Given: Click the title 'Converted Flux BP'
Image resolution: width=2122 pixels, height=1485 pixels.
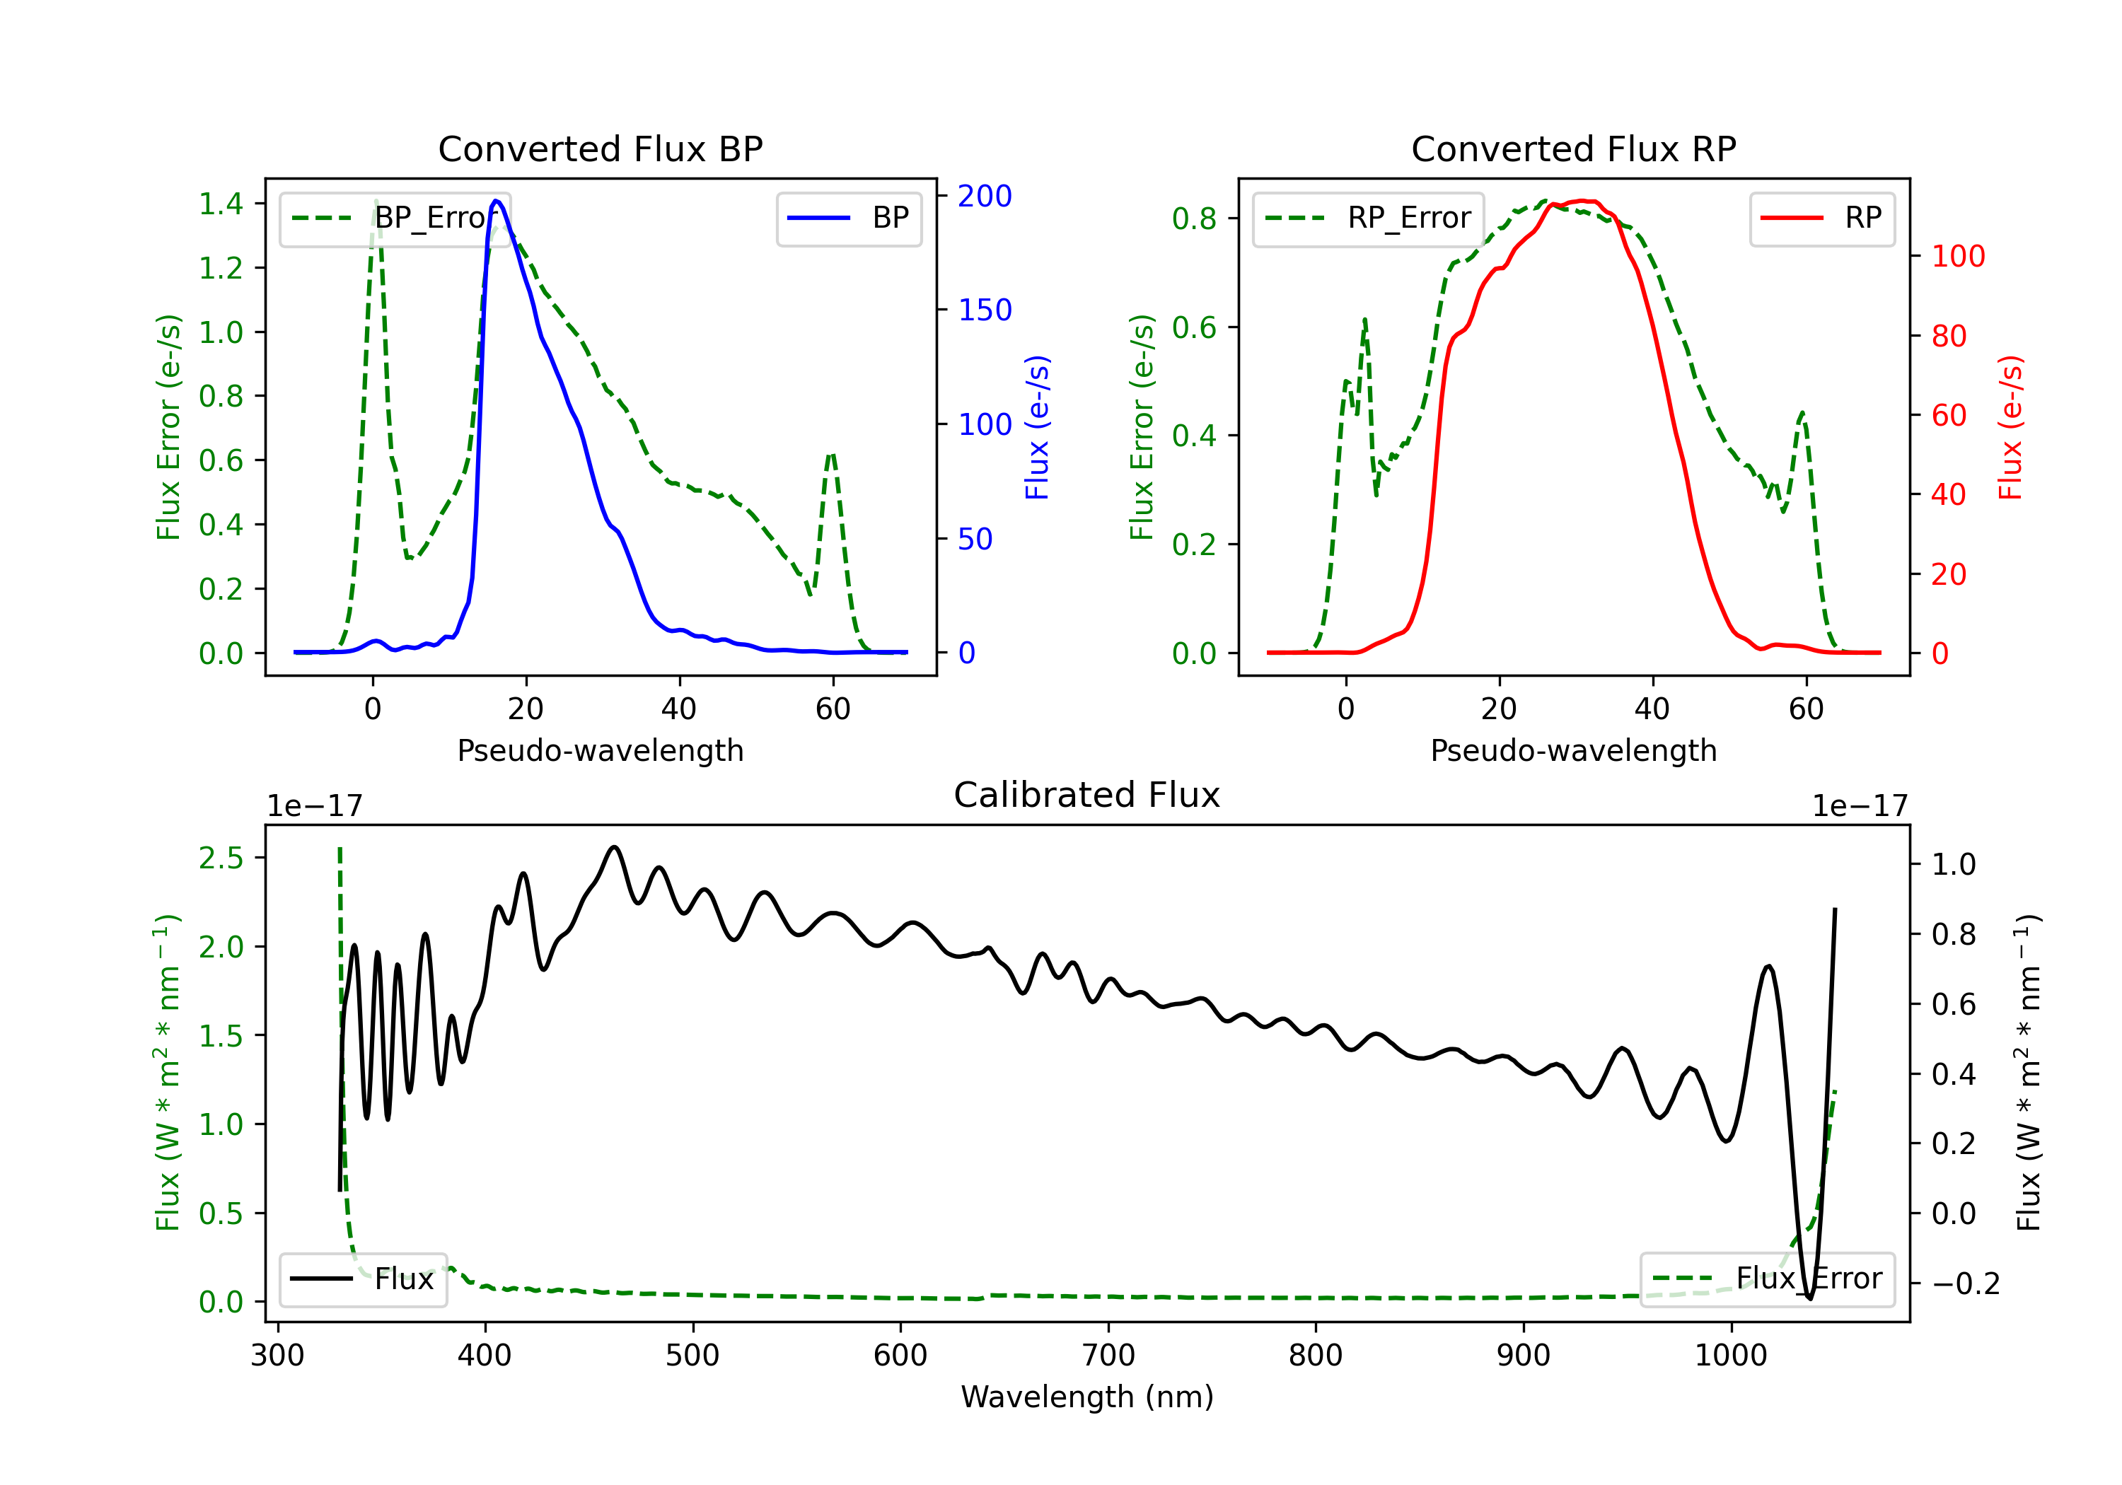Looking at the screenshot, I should pyautogui.click(x=600, y=148).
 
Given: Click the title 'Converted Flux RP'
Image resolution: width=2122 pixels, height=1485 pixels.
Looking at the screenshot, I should pyautogui.click(x=1573, y=148).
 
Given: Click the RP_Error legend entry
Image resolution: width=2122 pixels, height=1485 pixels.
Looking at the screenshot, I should pyautogui.click(x=1369, y=218).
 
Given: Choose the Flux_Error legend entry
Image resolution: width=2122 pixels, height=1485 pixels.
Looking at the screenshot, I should pyautogui.click(x=1766, y=1279).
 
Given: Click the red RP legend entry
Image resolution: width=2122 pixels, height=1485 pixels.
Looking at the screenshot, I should pyautogui.click(x=1821, y=218).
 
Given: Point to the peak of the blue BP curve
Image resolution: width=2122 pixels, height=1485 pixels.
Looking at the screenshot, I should pyautogui.click(x=497, y=201).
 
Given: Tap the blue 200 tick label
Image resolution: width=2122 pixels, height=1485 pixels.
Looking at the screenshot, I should pyautogui.click(x=985, y=196).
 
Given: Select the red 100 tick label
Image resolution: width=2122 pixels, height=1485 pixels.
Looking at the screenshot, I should pyautogui.click(x=1957, y=256).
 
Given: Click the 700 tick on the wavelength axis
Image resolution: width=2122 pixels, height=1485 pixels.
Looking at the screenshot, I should pyautogui.click(x=1107, y=1356).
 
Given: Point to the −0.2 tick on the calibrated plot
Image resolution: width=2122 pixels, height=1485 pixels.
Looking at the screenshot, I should pyautogui.click(x=1965, y=1283).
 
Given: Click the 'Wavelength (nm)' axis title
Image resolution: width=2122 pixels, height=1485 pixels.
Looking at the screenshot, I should pyautogui.click(x=1087, y=1397).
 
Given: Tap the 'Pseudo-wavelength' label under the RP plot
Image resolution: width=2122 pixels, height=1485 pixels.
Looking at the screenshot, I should pyautogui.click(x=1573, y=750).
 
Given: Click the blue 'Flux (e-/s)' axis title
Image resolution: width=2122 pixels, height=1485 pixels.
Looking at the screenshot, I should pyautogui.click(x=1037, y=427).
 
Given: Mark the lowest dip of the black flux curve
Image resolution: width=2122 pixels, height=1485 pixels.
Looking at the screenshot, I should pyautogui.click(x=1809, y=1298).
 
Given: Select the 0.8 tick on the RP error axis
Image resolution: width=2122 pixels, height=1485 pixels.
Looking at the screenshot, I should pyautogui.click(x=1194, y=219).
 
